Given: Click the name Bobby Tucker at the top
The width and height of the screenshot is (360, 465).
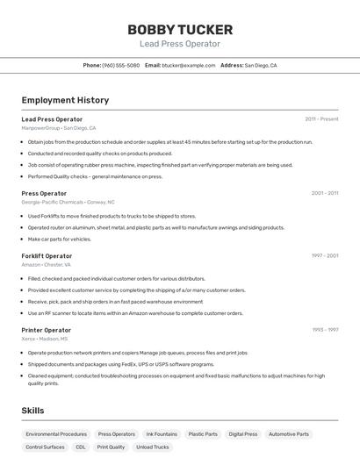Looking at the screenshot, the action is tap(179, 29).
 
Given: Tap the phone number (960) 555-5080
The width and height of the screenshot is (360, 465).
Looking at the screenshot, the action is tap(120, 65).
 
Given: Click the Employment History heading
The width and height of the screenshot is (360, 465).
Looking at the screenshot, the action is tap(65, 99).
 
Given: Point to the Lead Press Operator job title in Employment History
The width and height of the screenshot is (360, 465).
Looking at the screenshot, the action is tap(52, 118).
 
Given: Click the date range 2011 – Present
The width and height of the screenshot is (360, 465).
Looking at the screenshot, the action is tap(321, 118).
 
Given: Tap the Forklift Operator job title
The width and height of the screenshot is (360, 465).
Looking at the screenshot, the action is tap(47, 255).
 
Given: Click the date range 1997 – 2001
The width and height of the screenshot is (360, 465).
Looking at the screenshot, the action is tap(324, 255).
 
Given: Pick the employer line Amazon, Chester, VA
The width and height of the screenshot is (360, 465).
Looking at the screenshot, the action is tap(46, 264).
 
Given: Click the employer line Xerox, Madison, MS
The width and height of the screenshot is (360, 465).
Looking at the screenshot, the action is tap(45, 338).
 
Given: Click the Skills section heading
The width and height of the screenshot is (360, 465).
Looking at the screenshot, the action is tap(34, 410).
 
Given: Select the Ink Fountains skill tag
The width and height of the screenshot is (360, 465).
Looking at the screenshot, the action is tap(162, 433).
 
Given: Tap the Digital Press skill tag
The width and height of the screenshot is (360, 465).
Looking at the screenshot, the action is tap(243, 433).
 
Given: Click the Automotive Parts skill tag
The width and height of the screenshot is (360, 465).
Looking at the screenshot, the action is tap(289, 433).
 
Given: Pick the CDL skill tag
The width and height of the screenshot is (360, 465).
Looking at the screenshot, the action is tap(81, 447).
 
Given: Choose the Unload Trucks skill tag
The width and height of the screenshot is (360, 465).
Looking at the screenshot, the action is tap(153, 447).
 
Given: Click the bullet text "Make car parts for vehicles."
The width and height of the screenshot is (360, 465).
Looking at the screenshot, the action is tap(60, 239).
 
